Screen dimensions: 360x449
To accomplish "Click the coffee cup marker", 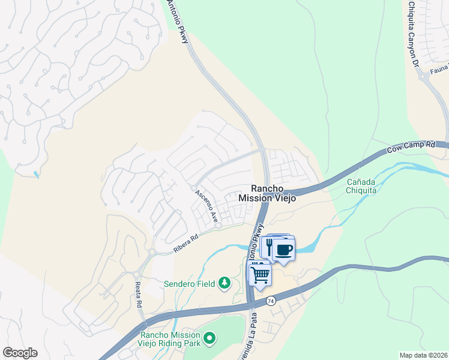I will point(284,249).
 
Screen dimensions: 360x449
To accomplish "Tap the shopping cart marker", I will point(261,275).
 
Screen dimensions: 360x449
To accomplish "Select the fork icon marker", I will point(270,246).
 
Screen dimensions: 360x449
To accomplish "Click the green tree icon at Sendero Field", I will point(224,283).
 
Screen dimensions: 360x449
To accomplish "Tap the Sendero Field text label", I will point(189,283).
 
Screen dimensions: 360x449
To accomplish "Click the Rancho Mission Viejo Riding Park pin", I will point(209,339).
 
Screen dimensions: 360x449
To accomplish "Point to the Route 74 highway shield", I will point(272,301).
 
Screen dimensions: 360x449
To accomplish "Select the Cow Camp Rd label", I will point(411,146).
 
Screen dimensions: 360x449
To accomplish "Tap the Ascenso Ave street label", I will point(205,208).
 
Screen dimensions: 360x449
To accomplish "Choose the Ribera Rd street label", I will point(186,243).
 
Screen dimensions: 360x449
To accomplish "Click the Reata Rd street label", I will point(138,295).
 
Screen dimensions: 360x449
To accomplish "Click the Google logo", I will point(20,352).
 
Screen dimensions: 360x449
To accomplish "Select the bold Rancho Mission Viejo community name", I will point(267,193).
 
